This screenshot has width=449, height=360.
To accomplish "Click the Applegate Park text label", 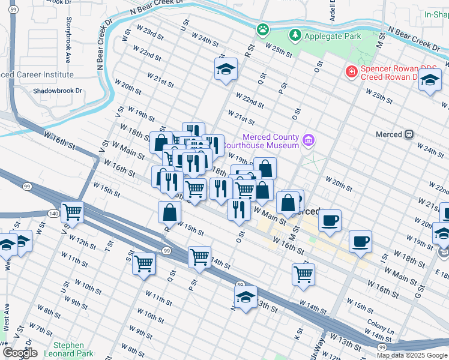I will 333,36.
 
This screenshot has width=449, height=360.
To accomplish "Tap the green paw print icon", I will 262,29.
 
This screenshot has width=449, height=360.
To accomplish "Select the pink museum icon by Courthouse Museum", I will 309,140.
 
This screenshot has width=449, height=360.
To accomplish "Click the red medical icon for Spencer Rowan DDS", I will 350,72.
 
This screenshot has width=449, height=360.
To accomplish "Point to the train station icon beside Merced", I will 410,134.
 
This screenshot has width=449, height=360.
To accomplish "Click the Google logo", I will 20,353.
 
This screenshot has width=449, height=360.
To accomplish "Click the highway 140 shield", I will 53,213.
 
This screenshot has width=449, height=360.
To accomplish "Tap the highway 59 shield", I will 240,284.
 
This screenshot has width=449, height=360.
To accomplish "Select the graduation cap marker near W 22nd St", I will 226,70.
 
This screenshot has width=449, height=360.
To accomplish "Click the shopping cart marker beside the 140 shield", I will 72,212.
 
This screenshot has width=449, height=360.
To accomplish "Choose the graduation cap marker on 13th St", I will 246,298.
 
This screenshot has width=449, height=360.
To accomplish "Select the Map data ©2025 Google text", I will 412,355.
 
